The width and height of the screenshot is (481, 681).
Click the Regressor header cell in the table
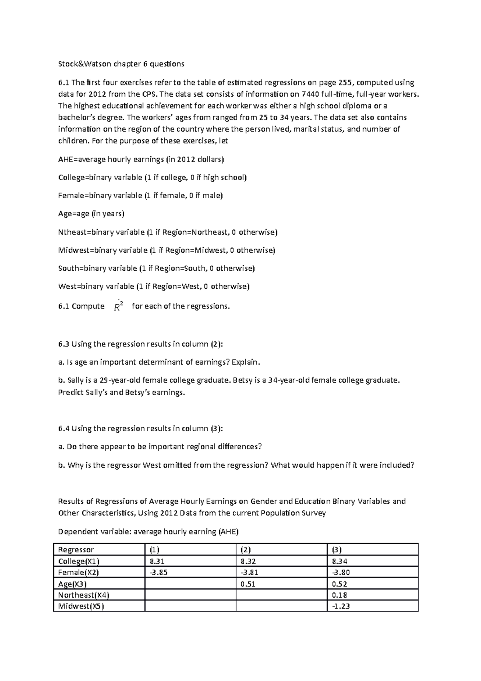pos(76,549)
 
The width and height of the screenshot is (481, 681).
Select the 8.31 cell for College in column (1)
pos(157,561)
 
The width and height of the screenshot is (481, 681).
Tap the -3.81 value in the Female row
pos(248,572)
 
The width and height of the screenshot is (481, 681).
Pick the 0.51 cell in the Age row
pos(248,584)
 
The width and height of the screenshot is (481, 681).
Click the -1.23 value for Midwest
pos(341,606)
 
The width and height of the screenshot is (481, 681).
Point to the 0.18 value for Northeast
pos(340,595)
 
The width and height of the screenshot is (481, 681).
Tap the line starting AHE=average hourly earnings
pos(141,159)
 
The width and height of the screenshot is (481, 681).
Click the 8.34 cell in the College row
pos(340,561)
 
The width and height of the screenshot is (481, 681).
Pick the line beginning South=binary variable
pos(156,268)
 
